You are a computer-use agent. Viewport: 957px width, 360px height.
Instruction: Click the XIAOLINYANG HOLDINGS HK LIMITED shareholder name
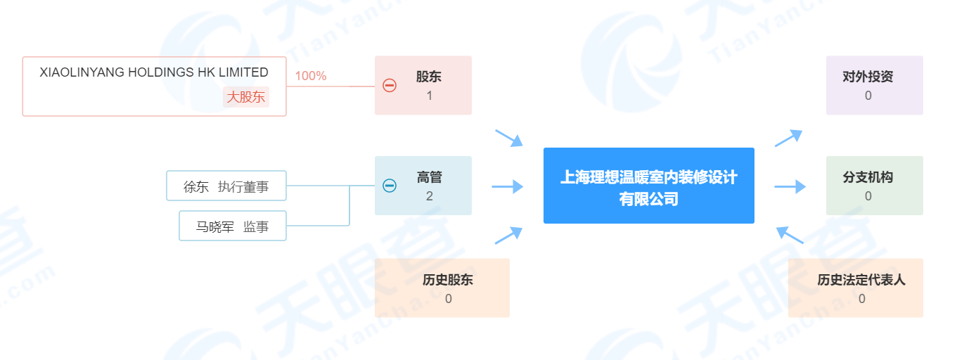(154, 72)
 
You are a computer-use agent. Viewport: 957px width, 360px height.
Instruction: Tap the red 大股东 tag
(245, 97)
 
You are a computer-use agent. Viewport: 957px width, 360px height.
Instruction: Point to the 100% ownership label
(311, 76)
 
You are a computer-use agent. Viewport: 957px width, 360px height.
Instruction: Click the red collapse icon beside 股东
(390, 85)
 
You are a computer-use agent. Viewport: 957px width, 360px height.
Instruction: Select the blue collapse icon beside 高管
(390, 186)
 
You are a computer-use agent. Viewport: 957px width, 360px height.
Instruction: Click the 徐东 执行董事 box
(226, 186)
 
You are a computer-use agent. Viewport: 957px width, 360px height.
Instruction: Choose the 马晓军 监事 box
(233, 226)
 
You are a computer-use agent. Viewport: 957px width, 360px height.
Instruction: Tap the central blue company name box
(648, 186)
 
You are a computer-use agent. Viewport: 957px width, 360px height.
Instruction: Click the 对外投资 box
(875, 85)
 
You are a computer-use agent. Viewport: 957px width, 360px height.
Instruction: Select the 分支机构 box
(875, 186)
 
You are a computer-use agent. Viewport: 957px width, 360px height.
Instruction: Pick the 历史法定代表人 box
(855, 288)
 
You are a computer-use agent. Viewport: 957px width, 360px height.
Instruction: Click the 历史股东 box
(442, 288)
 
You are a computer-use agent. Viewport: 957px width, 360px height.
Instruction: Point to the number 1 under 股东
(430, 96)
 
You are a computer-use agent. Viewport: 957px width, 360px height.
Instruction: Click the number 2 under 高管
(430, 196)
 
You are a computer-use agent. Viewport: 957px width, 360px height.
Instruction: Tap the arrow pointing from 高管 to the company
(508, 186)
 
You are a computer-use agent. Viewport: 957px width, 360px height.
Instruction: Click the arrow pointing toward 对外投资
(789, 138)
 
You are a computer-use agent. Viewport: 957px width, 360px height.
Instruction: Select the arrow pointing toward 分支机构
(790, 186)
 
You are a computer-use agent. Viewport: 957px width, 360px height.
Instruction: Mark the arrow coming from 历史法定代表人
(790, 235)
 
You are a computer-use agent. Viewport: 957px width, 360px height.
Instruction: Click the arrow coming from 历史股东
(508, 236)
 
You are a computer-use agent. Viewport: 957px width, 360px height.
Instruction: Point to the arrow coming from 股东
(509, 138)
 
